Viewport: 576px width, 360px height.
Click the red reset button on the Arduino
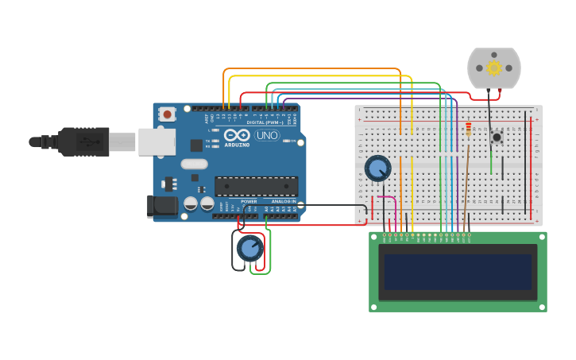pyautogui.click(x=167, y=114)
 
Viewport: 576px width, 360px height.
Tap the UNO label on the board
pyautogui.click(x=267, y=136)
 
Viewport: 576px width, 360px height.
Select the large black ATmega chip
pyautogui.click(x=256, y=186)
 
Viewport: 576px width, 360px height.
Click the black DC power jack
pyautogui.click(x=163, y=206)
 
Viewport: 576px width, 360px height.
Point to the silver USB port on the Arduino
pyautogui.click(x=157, y=141)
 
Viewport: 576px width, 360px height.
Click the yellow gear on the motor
pyautogui.click(x=494, y=68)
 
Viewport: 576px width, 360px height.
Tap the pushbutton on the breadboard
pyautogui.click(x=497, y=137)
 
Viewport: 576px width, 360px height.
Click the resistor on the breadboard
pyautogui.click(x=468, y=129)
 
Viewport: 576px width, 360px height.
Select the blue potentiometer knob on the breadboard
pyautogui.click(x=377, y=168)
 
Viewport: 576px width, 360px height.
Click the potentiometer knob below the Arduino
pyautogui.click(x=249, y=248)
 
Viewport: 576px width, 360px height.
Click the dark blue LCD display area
pyautogui.click(x=458, y=272)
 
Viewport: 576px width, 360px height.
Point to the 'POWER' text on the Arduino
pyautogui.click(x=249, y=202)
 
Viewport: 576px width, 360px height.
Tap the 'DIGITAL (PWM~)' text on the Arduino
pyautogui.click(x=265, y=122)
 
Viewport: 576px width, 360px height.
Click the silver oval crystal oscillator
pyautogui.click(x=194, y=164)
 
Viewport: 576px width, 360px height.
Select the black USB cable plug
pyautogui.click(x=79, y=141)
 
